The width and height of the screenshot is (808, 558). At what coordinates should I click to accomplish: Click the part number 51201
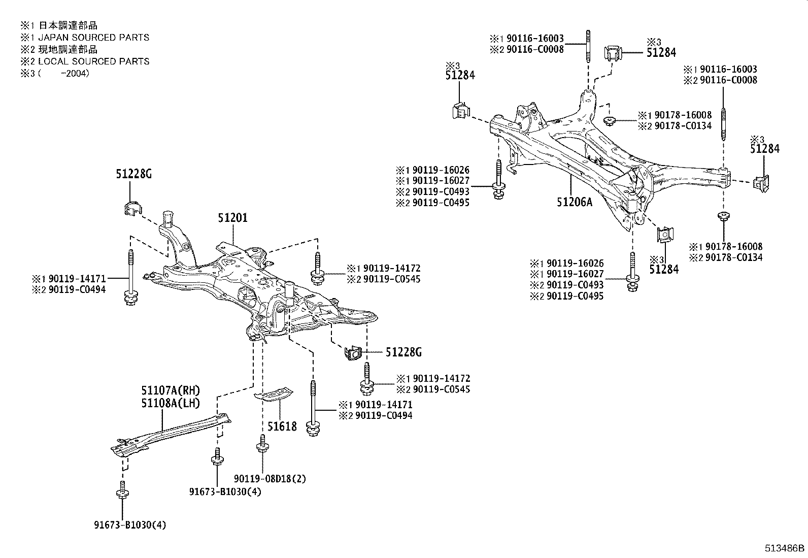click(x=233, y=218)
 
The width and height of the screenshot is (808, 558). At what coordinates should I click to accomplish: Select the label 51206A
click(x=574, y=202)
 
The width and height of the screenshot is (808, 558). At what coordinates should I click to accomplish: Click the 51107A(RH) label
click(x=171, y=390)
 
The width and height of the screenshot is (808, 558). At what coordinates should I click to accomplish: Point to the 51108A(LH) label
click(x=171, y=403)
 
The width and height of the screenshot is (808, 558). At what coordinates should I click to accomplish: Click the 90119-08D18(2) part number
click(x=270, y=478)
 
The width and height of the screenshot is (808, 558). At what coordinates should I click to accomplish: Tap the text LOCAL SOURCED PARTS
click(x=94, y=61)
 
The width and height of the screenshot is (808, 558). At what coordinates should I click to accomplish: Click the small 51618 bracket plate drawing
click(x=274, y=393)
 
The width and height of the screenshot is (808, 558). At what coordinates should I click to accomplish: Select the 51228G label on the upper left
click(x=133, y=174)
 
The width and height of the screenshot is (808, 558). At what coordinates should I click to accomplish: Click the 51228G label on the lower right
click(x=403, y=352)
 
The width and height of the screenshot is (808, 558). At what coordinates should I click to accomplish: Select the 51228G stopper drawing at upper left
click(x=132, y=208)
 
